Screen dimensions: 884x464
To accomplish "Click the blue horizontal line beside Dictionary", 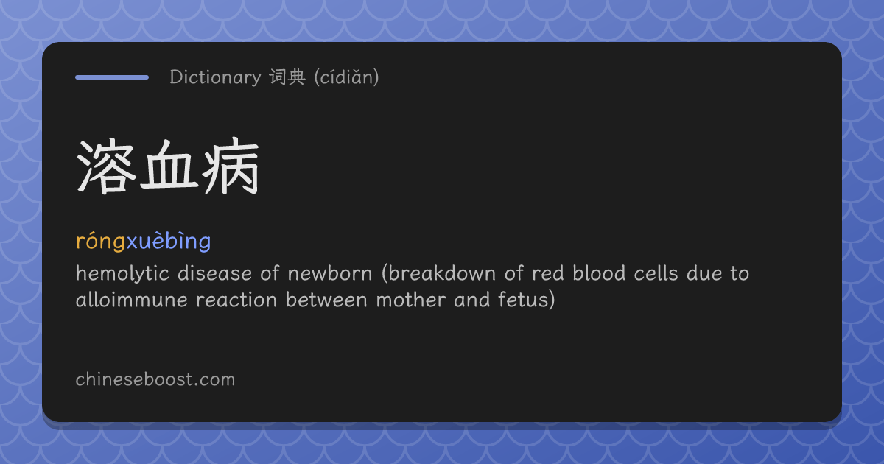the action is tap(112, 77).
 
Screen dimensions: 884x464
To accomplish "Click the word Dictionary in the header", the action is tap(215, 77).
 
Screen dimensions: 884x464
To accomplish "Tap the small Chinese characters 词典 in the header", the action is tap(288, 77).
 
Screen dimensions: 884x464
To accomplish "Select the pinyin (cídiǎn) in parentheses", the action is tap(346, 77).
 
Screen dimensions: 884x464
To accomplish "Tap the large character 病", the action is tap(231, 166).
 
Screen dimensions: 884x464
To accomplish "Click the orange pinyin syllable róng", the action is tap(101, 241).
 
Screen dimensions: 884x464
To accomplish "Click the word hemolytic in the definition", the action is tap(122, 274).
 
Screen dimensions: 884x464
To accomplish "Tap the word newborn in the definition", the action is tap(330, 273).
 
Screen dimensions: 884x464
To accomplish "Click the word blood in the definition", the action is tap(599, 273).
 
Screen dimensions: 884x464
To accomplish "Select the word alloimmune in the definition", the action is tap(132, 300).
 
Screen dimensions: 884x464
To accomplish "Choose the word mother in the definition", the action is tap(410, 300).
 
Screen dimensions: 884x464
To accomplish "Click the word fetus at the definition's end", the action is tap(522, 300).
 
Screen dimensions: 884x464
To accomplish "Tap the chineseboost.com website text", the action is tap(155, 379).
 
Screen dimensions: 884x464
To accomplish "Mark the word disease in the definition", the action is tap(214, 273).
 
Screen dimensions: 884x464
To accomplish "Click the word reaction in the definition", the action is tap(236, 300).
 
